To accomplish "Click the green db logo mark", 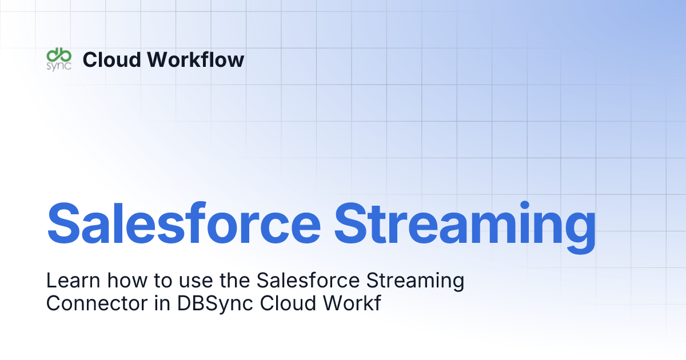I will [58, 55].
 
